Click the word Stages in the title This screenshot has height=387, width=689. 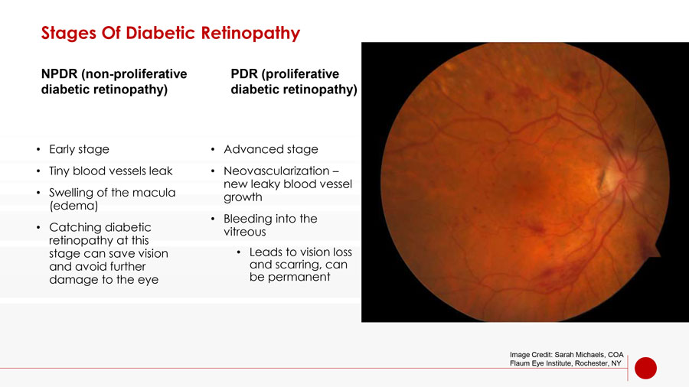pyautogui.click(x=69, y=34)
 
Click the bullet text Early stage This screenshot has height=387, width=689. pyautogui.click(x=79, y=149)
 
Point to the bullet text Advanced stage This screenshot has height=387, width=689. pyautogui.click(x=271, y=149)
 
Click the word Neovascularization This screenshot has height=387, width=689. pyautogui.click(x=276, y=171)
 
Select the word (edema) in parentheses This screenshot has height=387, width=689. pyautogui.click(x=73, y=206)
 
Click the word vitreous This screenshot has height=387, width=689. pyautogui.click(x=245, y=232)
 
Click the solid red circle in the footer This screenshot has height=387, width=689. pyautogui.click(x=645, y=368)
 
